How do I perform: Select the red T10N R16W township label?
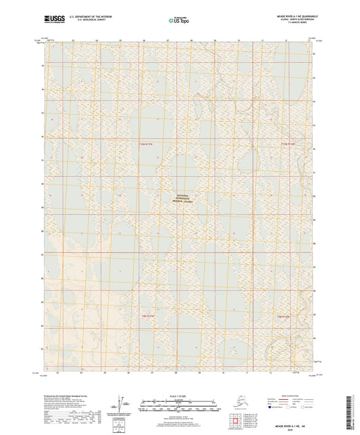[x=288, y=145]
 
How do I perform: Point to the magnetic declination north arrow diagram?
[x=123, y=403]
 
